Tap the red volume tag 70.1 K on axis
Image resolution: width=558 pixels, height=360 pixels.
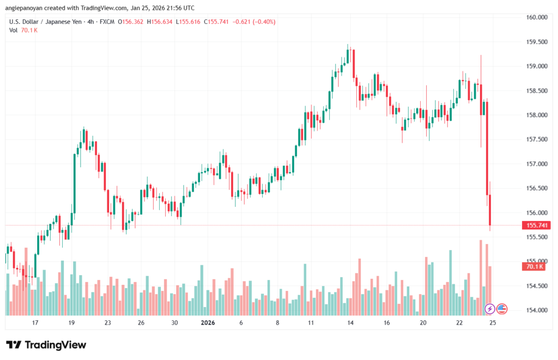[535, 266]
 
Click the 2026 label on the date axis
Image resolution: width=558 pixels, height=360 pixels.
[208, 323]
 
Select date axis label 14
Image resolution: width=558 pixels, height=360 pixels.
[350, 323]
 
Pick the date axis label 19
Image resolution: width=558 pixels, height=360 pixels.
[71, 323]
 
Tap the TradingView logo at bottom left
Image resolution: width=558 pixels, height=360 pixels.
[46, 345]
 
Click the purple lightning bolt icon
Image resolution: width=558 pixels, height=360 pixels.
[489, 309]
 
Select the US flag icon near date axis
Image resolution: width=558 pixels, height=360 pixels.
[502, 309]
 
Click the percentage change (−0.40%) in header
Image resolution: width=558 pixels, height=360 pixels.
[263, 22]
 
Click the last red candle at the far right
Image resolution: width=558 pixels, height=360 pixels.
[490, 210]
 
